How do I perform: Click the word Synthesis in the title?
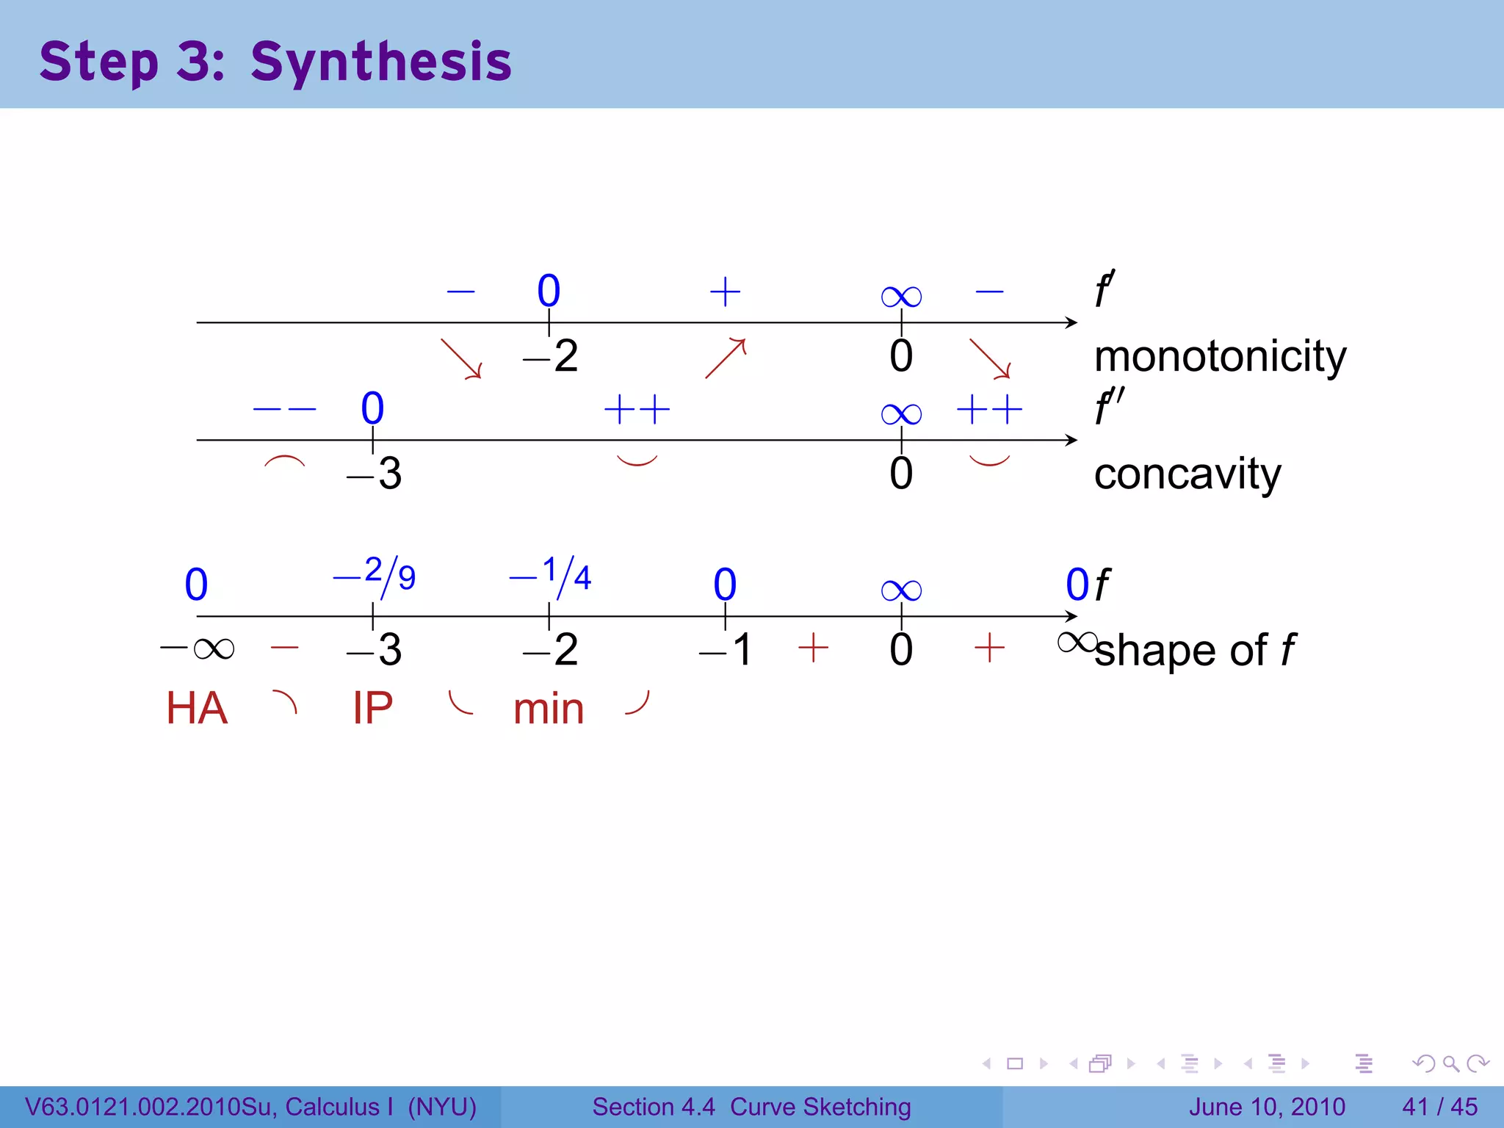[380, 62]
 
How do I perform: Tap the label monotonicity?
[1220, 357]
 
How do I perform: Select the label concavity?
[1187, 474]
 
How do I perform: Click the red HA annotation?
[197, 709]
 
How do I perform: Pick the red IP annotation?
[372, 709]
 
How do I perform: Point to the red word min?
[549, 709]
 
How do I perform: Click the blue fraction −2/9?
[375, 575]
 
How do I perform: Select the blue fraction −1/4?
[551, 575]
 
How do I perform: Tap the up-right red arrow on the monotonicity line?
[726, 358]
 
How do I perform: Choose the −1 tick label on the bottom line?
[726, 650]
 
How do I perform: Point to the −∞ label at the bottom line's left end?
[197, 649]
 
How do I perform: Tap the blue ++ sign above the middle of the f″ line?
[637, 409]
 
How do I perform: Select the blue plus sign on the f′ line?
[725, 292]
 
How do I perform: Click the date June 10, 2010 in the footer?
[1267, 1107]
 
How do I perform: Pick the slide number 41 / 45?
[1439, 1107]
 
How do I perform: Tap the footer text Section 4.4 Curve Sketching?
[751, 1107]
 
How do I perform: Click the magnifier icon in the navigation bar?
[1450, 1063]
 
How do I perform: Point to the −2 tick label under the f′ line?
[551, 357]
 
